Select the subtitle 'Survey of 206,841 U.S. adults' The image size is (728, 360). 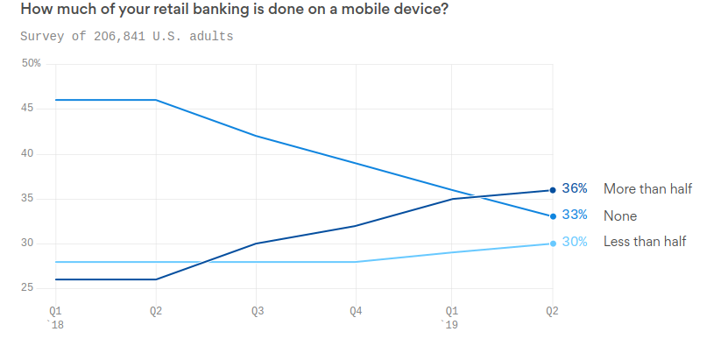[x=127, y=37]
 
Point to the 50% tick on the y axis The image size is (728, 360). [x=32, y=63]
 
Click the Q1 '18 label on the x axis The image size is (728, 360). [x=55, y=316]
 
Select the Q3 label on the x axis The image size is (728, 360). [x=257, y=311]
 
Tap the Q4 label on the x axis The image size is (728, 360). [x=356, y=311]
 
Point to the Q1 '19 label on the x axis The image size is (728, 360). [x=452, y=316]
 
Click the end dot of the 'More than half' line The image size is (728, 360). [x=552, y=189]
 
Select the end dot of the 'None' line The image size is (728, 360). [x=552, y=216]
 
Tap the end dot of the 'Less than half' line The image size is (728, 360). [x=552, y=244]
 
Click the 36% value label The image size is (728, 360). [x=575, y=189]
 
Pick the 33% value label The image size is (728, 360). [x=575, y=215]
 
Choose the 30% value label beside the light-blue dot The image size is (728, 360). [x=575, y=243]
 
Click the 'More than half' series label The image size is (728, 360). [x=647, y=189]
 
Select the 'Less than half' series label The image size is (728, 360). [x=645, y=243]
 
